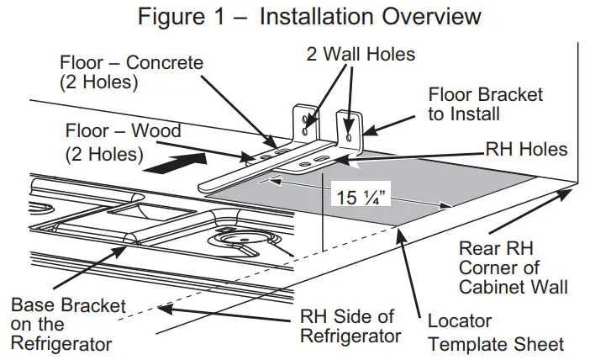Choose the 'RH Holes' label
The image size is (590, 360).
[527, 150]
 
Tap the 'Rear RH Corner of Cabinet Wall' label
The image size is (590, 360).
[512, 267]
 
